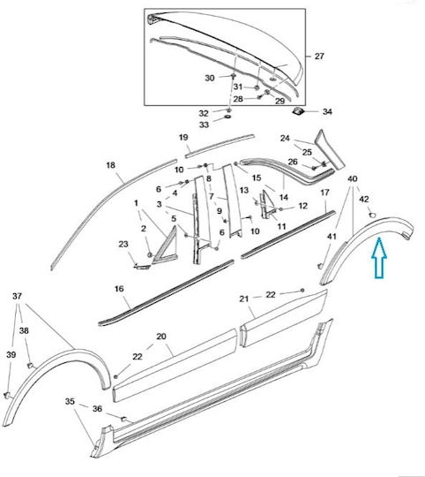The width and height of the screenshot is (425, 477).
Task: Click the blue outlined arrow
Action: [x=379, y=257]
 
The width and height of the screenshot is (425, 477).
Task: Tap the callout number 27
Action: [x=319, y=57]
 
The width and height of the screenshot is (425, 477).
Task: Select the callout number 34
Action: [x=327, y=111]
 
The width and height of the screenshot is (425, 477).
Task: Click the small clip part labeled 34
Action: [x=297, y=111]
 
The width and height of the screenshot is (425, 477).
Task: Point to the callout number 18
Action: [x=111, y=165]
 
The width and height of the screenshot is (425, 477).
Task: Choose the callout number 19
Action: [x=183, y=138]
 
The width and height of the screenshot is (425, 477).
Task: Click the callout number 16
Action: [x=119, y=289]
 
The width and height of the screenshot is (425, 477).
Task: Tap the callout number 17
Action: [x=324, y=193]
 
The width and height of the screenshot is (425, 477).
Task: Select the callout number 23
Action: [x=123, y=244]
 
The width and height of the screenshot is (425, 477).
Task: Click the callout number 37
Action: [x=18, y=296]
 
